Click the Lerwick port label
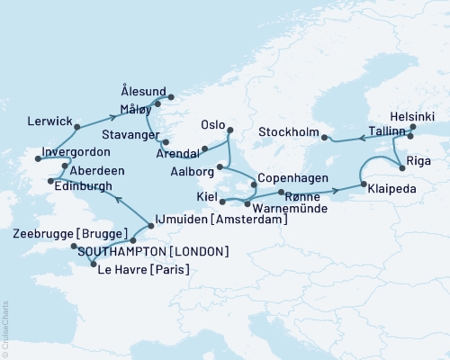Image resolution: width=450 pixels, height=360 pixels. (49, 118)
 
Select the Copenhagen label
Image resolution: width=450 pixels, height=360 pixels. (292, 179)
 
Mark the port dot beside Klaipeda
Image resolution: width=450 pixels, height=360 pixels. (363, 185)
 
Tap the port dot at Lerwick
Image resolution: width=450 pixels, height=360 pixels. (77, 126)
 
